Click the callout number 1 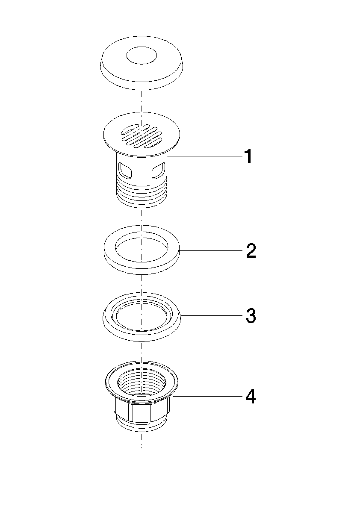click(248, 156)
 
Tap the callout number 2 click(251, 250)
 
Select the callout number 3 click(251, 315)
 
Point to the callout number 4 click(251, 397)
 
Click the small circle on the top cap click(141, 56)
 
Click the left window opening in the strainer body click(125, 171)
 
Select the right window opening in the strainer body click(159, 171)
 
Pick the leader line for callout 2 click(212, 250)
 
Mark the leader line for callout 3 click(212, 315)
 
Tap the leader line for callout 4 click(208, 396)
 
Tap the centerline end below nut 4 click(142, 448)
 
